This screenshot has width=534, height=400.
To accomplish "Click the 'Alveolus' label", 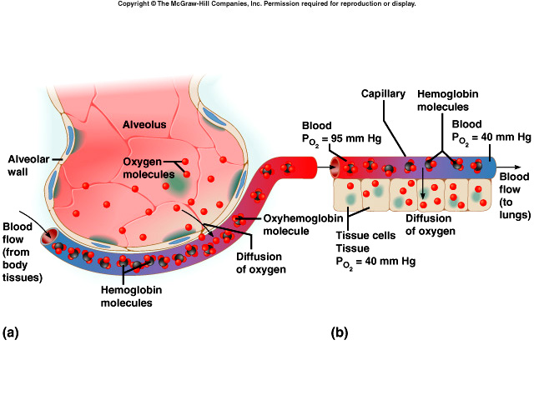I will coord(145,124).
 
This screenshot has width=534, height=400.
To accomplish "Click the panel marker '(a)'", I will coord(11,333).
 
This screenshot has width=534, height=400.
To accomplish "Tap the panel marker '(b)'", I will coord(340,333).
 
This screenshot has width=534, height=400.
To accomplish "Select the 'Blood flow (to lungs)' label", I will coord(515,195).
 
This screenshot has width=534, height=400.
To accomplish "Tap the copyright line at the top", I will coord(266,4).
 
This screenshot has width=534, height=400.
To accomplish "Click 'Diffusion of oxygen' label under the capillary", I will coord(431,224).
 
